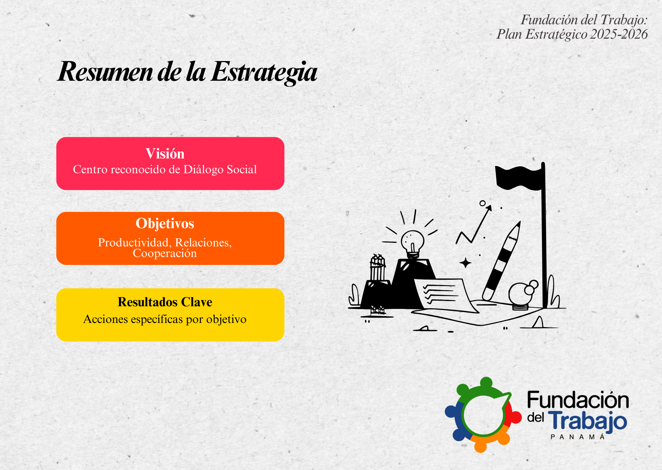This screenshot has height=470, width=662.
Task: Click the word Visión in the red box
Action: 165,154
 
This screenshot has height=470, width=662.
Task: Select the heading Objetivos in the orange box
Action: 165,224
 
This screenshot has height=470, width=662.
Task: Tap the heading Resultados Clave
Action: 165,302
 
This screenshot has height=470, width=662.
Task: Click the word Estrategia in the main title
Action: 264,72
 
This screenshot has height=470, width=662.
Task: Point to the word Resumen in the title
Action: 105,72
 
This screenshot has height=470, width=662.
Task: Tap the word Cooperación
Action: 165,253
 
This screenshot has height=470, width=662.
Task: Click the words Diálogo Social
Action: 220,169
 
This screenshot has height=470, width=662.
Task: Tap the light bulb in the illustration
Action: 412,243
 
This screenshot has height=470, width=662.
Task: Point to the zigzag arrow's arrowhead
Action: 489,208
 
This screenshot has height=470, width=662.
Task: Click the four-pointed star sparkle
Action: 465,263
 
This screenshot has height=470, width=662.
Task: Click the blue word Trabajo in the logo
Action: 587,421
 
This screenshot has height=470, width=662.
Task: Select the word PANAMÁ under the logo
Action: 578,437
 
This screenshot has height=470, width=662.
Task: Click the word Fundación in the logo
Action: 578,400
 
